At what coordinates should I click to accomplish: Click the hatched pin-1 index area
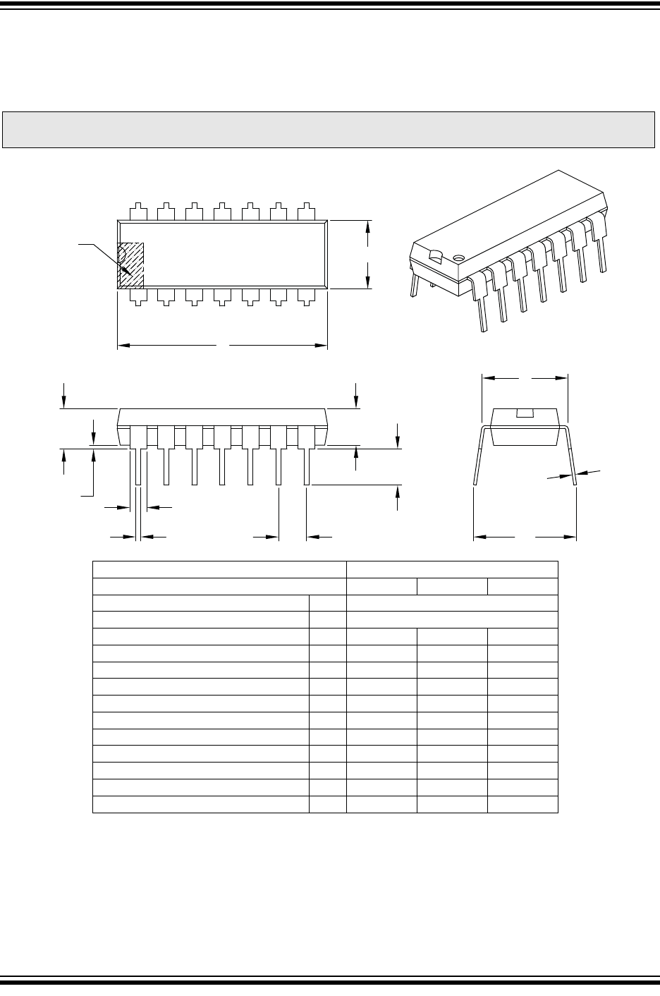coord(131,266)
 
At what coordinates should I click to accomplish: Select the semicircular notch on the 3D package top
coord(436,256)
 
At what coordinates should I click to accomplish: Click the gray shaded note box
coord(329,130)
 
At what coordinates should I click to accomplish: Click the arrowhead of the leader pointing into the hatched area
coord(127,271)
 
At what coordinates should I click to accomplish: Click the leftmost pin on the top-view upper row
coord(139,211)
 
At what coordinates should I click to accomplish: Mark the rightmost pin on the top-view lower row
coord(306,296)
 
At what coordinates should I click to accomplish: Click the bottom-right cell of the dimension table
coord(522,805)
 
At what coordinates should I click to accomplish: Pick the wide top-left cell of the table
coord(219,569)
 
